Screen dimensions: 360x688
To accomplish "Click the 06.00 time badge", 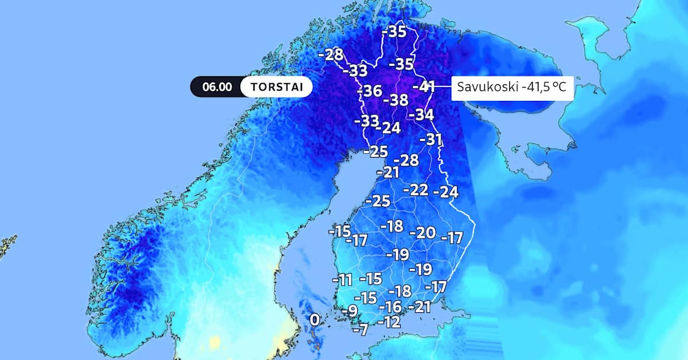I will [217, 87].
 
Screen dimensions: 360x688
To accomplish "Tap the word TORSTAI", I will [276, 87].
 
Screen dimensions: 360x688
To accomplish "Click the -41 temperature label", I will [424, 87].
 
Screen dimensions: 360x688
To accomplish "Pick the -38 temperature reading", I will [395, 100].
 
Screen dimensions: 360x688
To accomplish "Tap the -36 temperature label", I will [369, 91].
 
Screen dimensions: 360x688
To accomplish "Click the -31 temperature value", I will [431, 139].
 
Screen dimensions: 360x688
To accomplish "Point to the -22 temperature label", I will [416, 190].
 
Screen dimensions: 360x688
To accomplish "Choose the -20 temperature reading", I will [423, 233].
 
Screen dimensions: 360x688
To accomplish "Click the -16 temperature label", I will [390, 307].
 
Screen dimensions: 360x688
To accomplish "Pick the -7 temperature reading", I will [359, 330].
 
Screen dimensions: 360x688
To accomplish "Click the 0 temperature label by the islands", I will [314, 320].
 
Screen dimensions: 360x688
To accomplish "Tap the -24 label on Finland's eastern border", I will [446, 192].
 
